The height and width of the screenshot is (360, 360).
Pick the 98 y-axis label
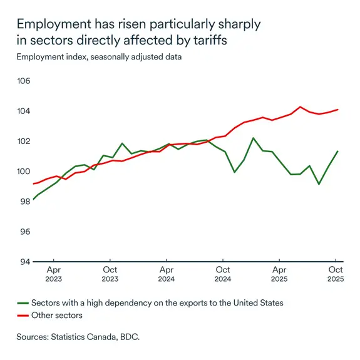25,202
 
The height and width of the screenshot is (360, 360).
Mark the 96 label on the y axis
25,232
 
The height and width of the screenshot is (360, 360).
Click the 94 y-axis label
25,262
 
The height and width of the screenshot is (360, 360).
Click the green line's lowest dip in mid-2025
319,184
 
